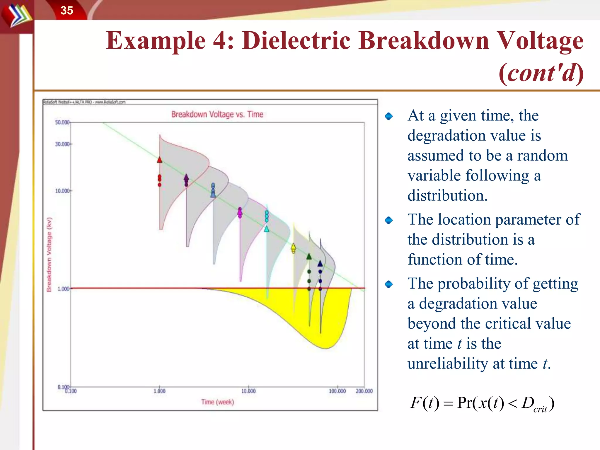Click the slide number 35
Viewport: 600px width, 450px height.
67,11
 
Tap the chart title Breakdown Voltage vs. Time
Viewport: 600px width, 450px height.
217,114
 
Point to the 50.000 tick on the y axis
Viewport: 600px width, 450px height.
62,122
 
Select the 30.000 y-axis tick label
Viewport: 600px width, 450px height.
62,144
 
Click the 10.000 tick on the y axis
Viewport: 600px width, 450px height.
62,191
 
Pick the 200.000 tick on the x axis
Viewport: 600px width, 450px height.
364,391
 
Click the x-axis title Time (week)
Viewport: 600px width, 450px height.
217,402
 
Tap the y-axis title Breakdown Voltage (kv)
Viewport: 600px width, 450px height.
49,254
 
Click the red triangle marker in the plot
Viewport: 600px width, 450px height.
159,160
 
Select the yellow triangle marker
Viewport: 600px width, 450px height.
293,246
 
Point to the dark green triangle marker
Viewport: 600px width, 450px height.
309,257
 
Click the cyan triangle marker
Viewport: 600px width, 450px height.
267,229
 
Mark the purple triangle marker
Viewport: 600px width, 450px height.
186,177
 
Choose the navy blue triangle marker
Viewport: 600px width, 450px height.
320,263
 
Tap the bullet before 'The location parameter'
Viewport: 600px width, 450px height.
389,220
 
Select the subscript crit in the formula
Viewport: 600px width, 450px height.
540,409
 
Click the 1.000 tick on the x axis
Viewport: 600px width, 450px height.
159,391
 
